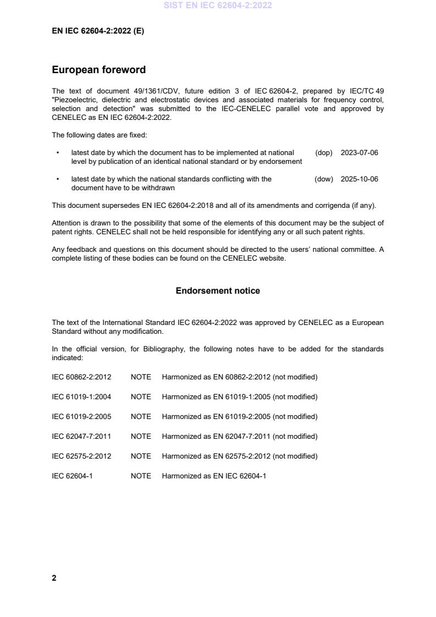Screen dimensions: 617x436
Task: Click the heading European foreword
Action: point(98,70)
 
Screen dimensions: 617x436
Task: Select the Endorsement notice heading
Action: point(218,290)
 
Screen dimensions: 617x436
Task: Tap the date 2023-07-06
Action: point(359,152)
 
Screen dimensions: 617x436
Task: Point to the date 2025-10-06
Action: point(359,179)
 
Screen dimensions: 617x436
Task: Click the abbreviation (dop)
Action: point(324,152)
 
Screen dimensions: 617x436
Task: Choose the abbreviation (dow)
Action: point(324,179)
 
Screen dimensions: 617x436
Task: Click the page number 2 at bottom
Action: point(54,578)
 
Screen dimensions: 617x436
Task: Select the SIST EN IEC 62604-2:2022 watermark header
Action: point(218,5)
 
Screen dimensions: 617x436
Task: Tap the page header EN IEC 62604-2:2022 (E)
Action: point(98,31)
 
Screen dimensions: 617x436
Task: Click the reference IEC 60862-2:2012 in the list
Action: point(81,377)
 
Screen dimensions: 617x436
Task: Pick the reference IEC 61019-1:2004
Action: point(81,396)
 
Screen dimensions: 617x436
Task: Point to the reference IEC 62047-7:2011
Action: point(81,436)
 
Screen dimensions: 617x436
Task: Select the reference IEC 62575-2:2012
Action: point(81,456)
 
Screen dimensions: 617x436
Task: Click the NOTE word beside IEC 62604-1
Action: point(141,476)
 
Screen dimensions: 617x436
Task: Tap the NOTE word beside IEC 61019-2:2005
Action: point(141,416)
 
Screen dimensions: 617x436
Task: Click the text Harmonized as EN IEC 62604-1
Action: point(213,476)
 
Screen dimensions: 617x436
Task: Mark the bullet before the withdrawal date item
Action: point(58,179)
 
